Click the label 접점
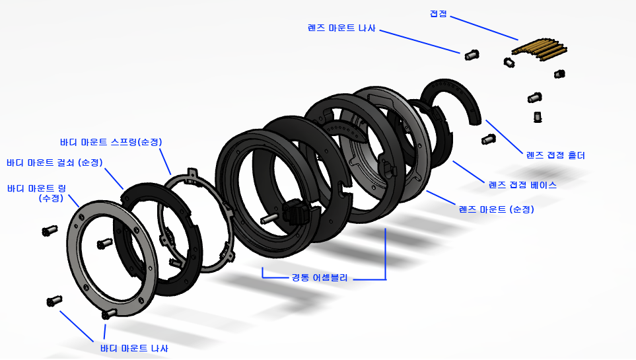coord(438,14)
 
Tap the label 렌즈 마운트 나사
coord(341,28)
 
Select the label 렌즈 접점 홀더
coord(555,155)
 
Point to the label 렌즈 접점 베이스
coord(522,185)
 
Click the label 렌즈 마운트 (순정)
coord(496,209)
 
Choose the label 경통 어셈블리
coord(320,277)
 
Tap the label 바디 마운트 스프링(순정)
coord(111,142)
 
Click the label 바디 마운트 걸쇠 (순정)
coord(55,162)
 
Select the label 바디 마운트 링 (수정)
coord(36,193)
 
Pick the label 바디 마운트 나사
coord(134,348)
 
